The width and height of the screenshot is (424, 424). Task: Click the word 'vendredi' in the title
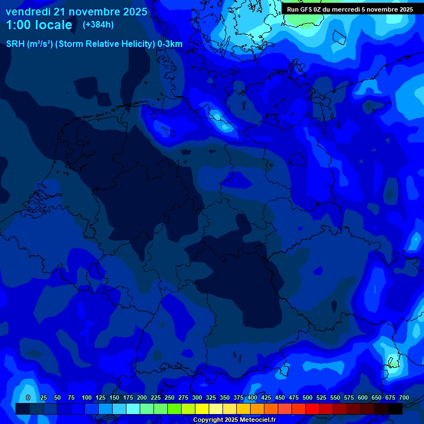pyautogui.click(x=28, y=12)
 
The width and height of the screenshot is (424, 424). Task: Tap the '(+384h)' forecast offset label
pyautogui.click(x=98, y=24)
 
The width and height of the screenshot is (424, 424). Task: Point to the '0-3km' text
pyautogui.click(x=170, y=44)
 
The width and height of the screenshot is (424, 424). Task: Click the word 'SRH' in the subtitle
pyautogui.click(x=15, y=44)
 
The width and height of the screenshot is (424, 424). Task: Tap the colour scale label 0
pyautogui.click(x=28, y=397)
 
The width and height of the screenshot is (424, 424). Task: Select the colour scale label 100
pyautogui.click(x=87, y=397)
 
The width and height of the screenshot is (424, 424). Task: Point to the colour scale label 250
pyautogui.click(x=169, y=397)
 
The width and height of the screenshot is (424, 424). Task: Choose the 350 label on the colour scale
pyautogui.click(x=225, y=397)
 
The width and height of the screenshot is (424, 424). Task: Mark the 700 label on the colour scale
pyautogui.click(x=404, y=397)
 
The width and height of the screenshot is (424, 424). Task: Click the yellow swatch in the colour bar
pyautogui.click(x=202, y=409)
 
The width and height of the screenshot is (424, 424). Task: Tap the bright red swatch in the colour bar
pyautogui.click(x=312, y=409)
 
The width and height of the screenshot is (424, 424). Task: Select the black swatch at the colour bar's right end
pyautogui.click(x=395, y=409)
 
